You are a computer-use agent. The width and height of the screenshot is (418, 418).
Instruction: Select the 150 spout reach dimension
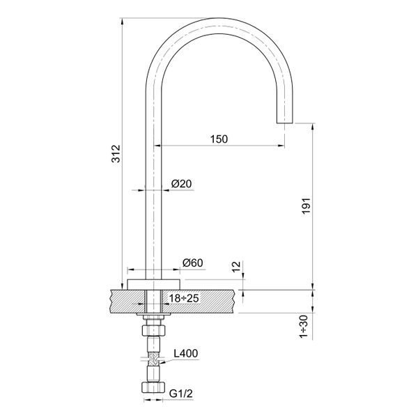219,139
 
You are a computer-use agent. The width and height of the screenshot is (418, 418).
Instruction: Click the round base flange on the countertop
153,284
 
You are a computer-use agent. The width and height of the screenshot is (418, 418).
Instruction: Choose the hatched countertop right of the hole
209,300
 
